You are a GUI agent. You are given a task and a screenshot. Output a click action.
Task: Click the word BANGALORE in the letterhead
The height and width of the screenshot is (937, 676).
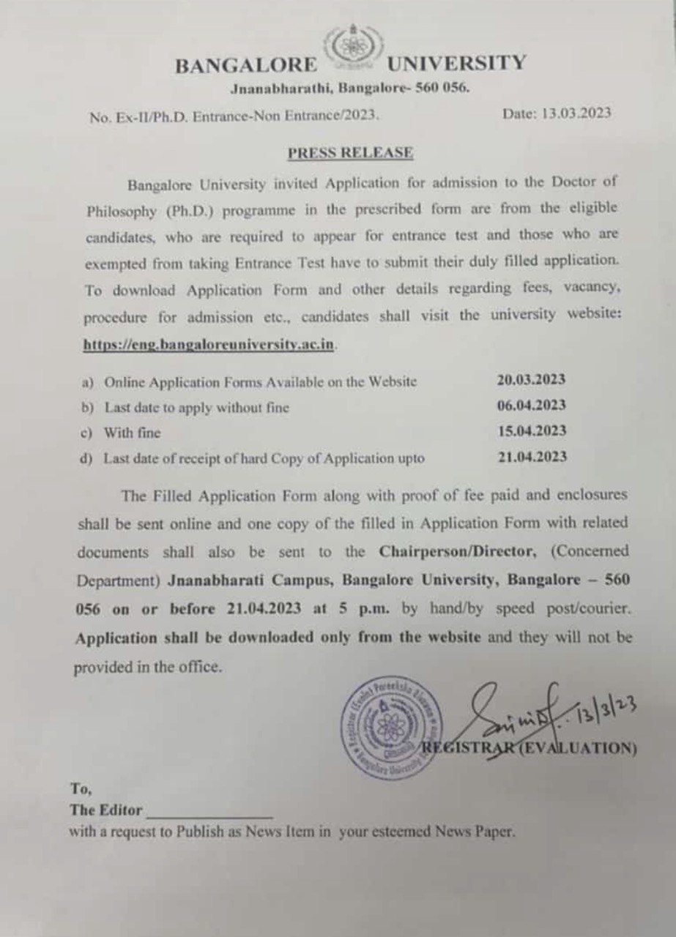[246, 66]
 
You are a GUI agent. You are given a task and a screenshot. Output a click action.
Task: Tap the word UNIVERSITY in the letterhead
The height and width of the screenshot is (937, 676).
[456, 63]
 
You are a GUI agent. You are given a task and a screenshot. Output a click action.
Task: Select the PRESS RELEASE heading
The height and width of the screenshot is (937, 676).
[350, 153]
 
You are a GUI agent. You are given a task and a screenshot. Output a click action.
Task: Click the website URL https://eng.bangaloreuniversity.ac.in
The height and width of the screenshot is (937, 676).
[209, 345]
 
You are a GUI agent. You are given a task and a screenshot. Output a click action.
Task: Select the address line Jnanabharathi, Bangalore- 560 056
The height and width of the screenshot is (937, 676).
[350, 89]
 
